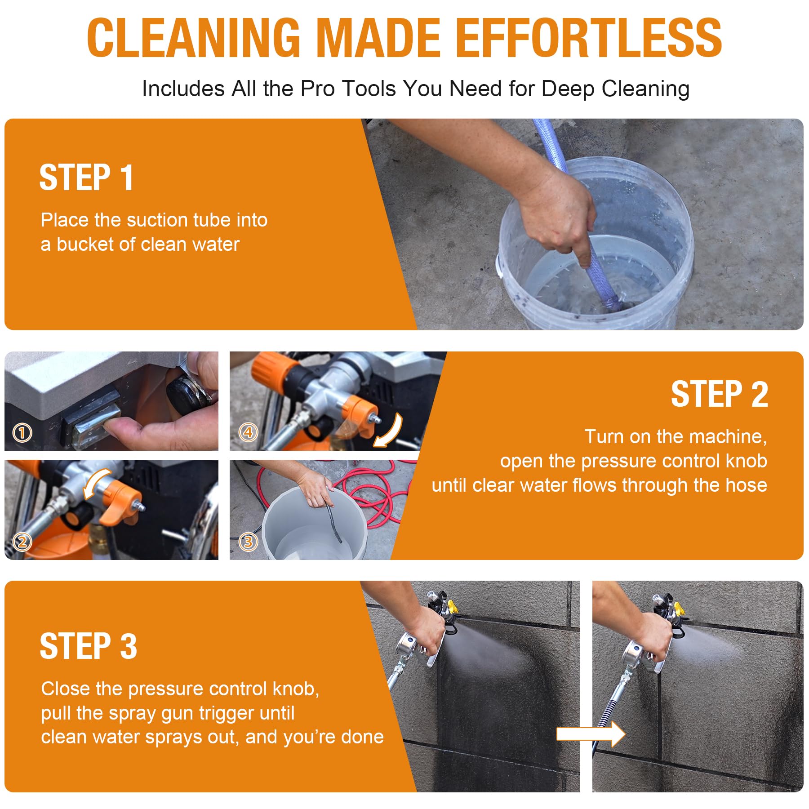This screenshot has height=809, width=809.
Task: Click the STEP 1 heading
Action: (x=86, y=178)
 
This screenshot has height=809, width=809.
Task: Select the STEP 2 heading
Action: (x=720, y=394)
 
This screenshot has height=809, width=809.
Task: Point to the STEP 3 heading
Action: (x=88, y=646)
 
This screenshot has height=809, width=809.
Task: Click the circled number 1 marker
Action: (x=22, y=433)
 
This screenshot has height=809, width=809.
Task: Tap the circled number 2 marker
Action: (x=22, y=542)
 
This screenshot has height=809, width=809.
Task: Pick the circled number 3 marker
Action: (x=248, y=542)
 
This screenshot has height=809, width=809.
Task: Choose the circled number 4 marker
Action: (x=248, y=432)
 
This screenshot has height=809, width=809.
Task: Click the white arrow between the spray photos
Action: (x=591, y=734)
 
